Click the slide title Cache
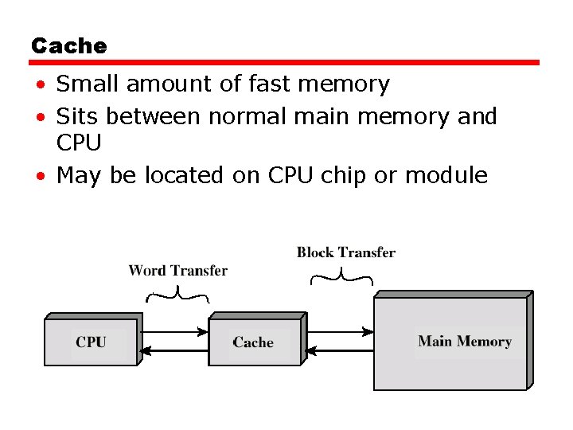pyautogui.click(x=68, y=46)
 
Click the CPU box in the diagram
pyautogui.click(x=91, y=342)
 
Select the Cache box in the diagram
pyautogui.click(x=253, y=342)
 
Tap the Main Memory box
pyautogui.click(x=464, y=342)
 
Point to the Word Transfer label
pyautogui.click(x=177, y=271)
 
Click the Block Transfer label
pyautogui.click(x=345, y=252)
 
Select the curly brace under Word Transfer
pyautogui.click(x=177, y=296)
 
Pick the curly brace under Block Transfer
pyautogui.click(x=341, y=276)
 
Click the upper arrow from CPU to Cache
pyautogui.click(x=174, y=332)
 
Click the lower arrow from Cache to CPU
pyautogui.click(x=174, y=350)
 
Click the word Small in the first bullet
pyautogui.click(x=88, y=84)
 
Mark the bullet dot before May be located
pyautogui.click(x=39, y=176)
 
